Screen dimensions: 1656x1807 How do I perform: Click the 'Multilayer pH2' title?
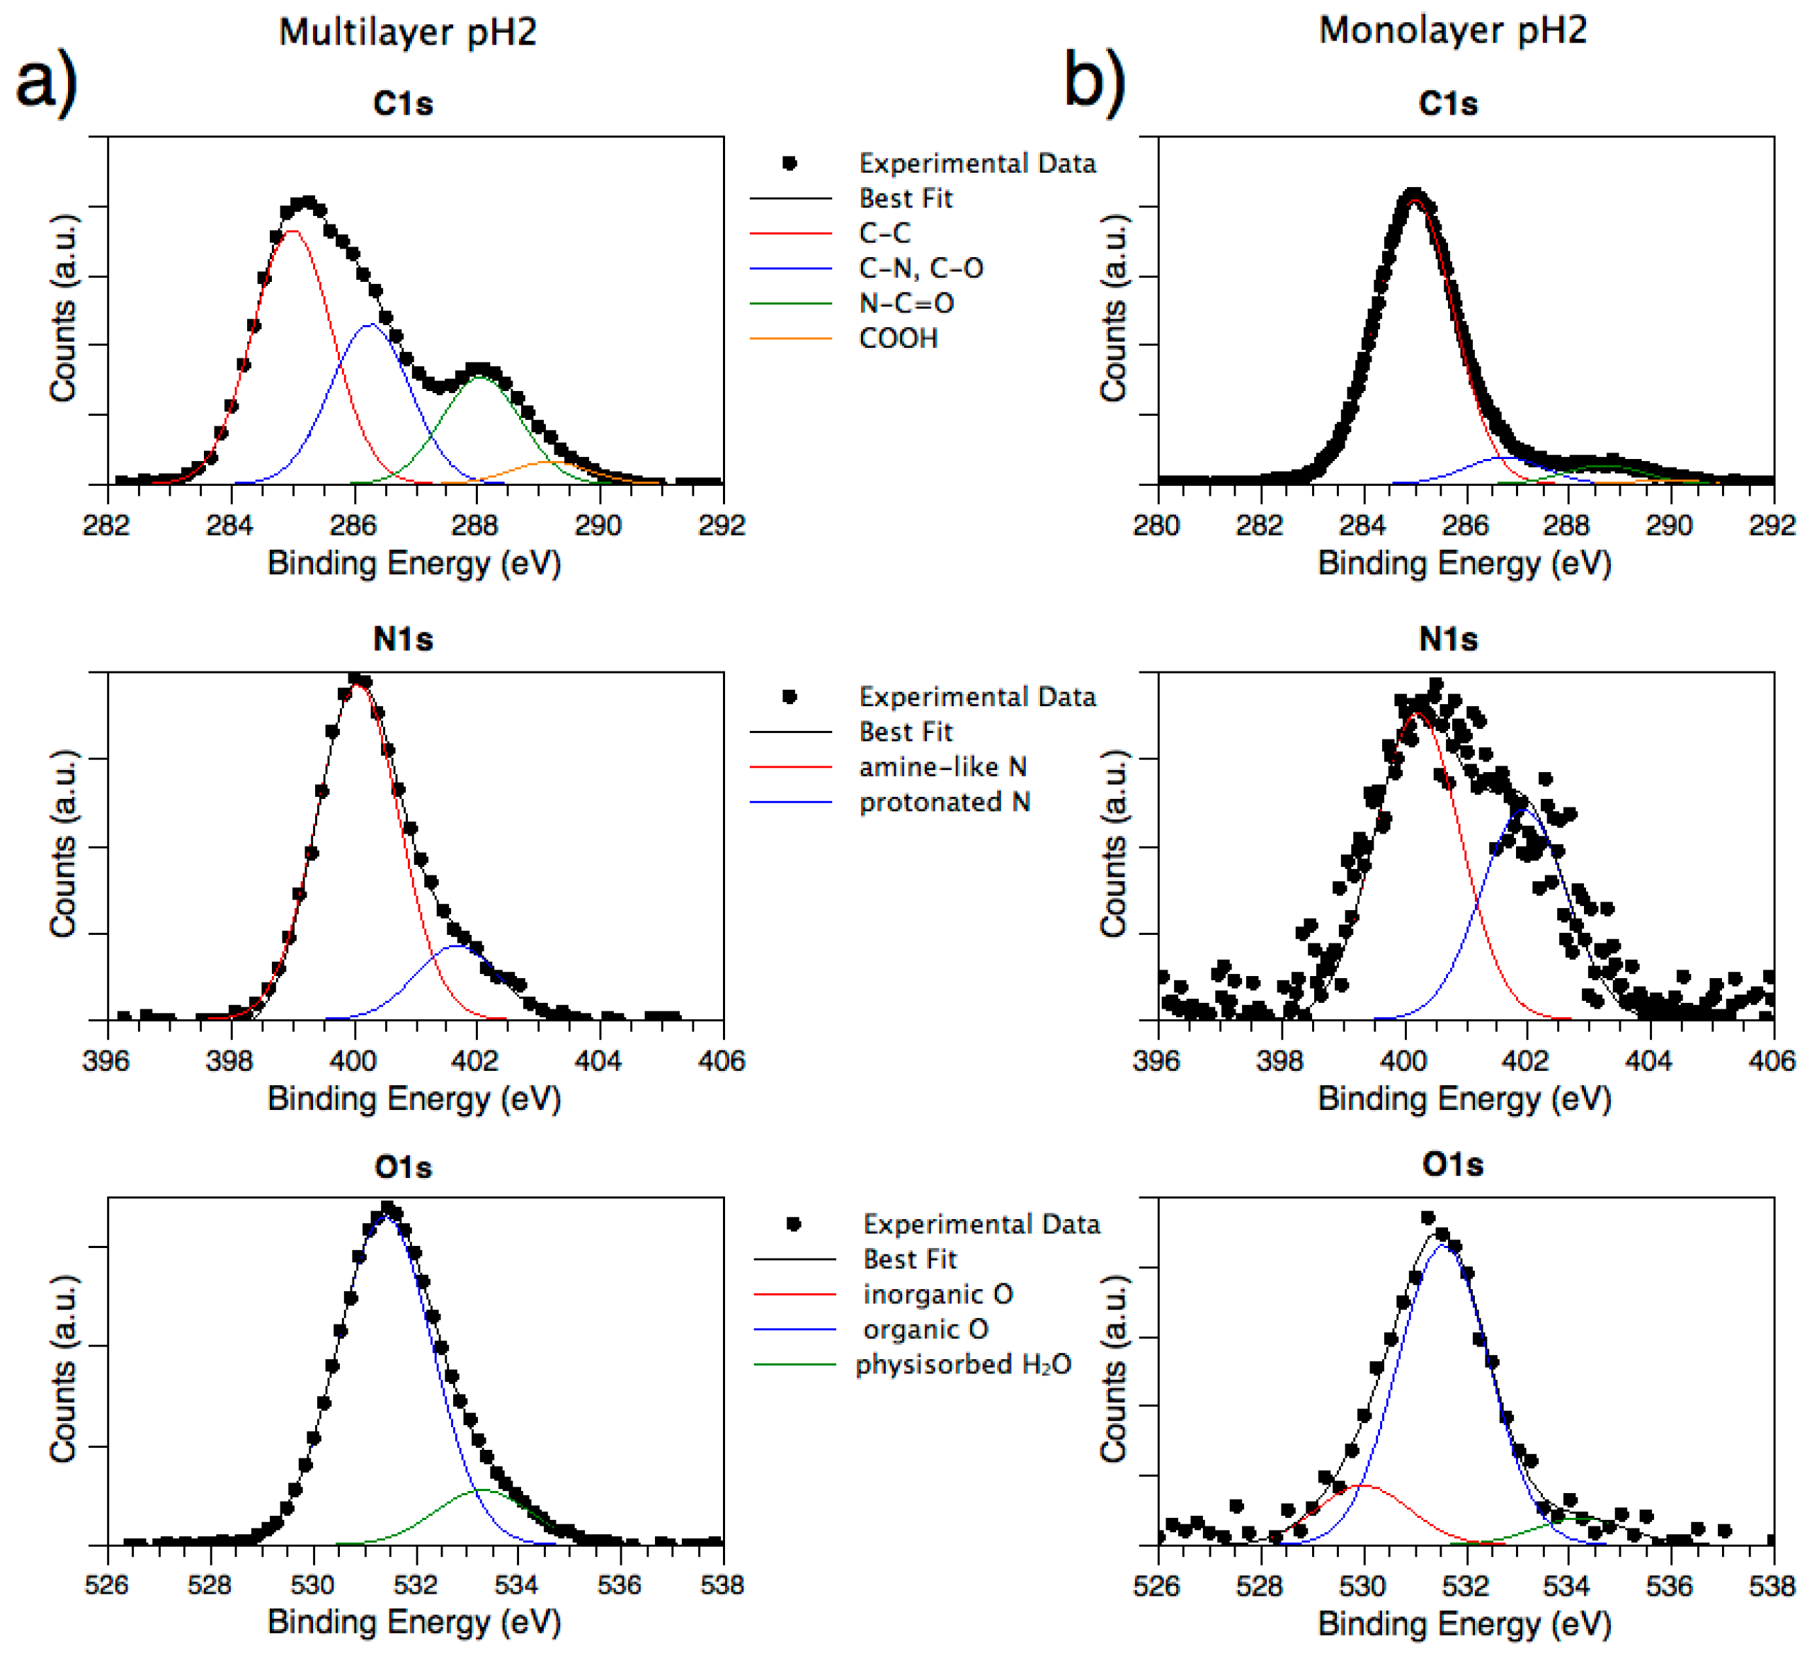(x=408, y=33)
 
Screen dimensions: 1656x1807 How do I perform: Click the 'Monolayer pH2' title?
(x=1453, y=30)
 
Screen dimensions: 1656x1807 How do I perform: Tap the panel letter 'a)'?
(x=47, y=82)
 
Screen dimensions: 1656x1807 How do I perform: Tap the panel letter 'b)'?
(x=1095, y=82)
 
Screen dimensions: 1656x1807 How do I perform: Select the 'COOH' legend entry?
(x=898, y=339)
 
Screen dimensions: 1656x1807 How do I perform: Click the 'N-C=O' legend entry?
(x=906, y=304)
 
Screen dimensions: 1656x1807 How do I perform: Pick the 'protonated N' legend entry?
(x=945, y=802)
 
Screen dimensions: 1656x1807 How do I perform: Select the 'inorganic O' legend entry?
(x=937, y=1294)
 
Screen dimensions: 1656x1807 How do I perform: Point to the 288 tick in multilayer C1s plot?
(x=476, y=526)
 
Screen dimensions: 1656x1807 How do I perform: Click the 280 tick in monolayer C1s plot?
(x=1157, y=526)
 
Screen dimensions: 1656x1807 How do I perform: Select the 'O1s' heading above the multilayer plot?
(x=404, y=1167)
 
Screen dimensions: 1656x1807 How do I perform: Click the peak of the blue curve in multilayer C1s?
(x=370, y=324)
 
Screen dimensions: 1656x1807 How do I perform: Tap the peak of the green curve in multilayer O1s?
(x=481, y=1490)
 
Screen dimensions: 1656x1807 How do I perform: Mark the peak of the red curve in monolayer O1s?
(x=1362, y=1485)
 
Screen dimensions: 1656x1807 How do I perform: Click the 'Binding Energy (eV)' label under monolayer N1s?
(x=1464, y=1099)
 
